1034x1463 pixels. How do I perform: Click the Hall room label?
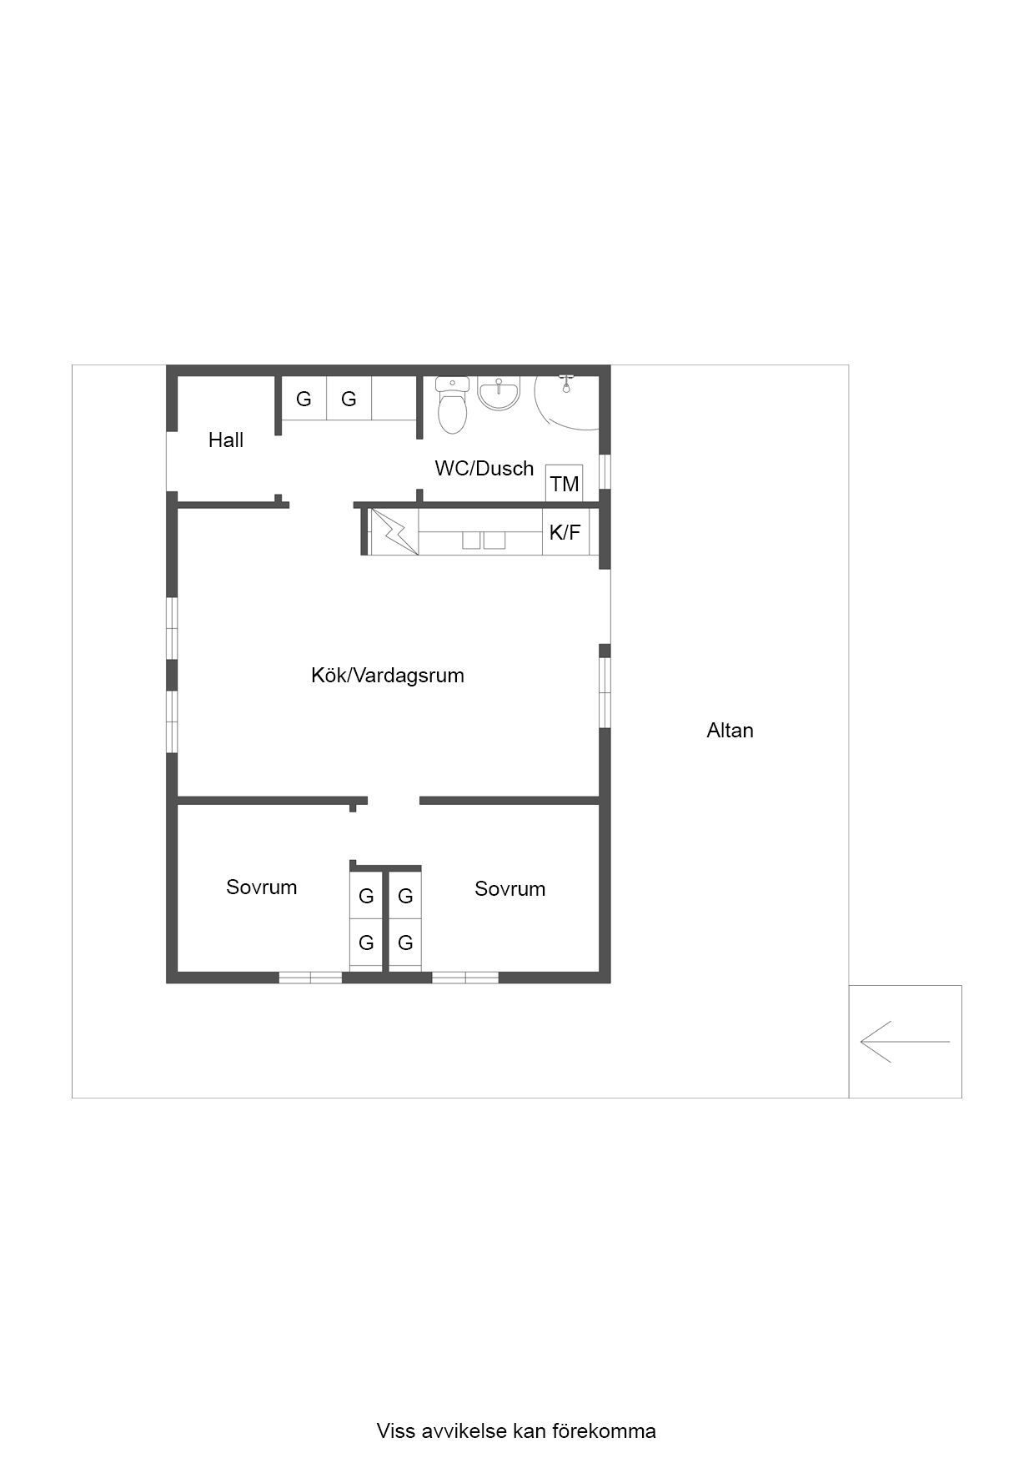225,440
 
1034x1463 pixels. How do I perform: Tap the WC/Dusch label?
484,468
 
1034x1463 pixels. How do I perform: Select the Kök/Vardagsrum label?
388,675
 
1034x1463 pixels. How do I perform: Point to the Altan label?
730,731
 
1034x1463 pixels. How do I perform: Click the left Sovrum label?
261,887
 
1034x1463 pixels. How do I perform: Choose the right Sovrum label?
509,888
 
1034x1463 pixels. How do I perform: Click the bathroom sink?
499,393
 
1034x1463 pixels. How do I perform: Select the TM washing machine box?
565,483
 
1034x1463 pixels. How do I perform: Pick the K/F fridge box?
565,532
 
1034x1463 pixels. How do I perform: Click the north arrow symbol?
905,1042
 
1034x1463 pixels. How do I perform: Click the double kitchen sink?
484,540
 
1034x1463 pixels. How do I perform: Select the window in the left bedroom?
310,978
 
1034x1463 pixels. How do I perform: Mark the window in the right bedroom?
465,978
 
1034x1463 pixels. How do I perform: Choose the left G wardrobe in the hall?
304,399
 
